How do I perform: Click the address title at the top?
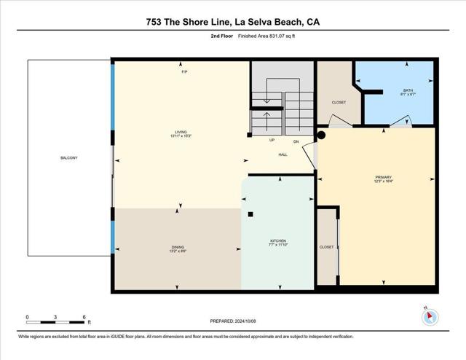point(233,22)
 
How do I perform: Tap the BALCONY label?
point(69,158)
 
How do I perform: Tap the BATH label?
point(407,91)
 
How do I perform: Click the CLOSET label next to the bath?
point(339,102)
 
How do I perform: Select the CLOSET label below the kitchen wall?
point(327,247)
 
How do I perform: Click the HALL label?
point(283,154)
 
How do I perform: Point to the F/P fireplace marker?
point(184,71)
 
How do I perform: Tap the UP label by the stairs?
point(272,140)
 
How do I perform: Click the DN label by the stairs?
point(296,141)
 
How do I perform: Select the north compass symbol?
point(430,317)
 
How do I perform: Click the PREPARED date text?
point(232,321)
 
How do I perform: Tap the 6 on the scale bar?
point(84,317)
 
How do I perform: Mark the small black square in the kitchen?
point(250,214)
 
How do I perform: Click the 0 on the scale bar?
point(28,317)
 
